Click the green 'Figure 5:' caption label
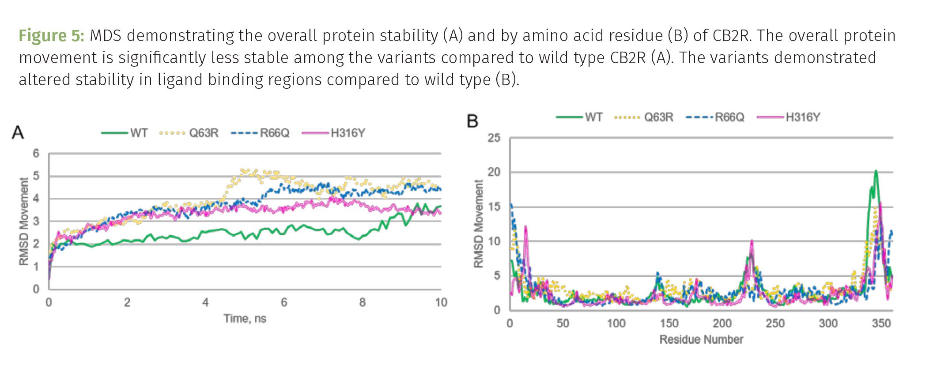tap(51, 36)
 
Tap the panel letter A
tap(18, 132)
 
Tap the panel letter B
tap(472, 121)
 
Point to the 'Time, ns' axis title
tap(245, 319)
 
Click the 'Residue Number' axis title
tap(701, 339)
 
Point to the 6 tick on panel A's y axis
tap(36, 154)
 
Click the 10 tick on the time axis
tap(441, 303)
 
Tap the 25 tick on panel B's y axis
tap(494, 138)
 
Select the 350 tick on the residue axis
tap(881, 324)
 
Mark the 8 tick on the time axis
tap(362, 303)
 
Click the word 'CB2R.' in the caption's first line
tap(731, 36)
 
